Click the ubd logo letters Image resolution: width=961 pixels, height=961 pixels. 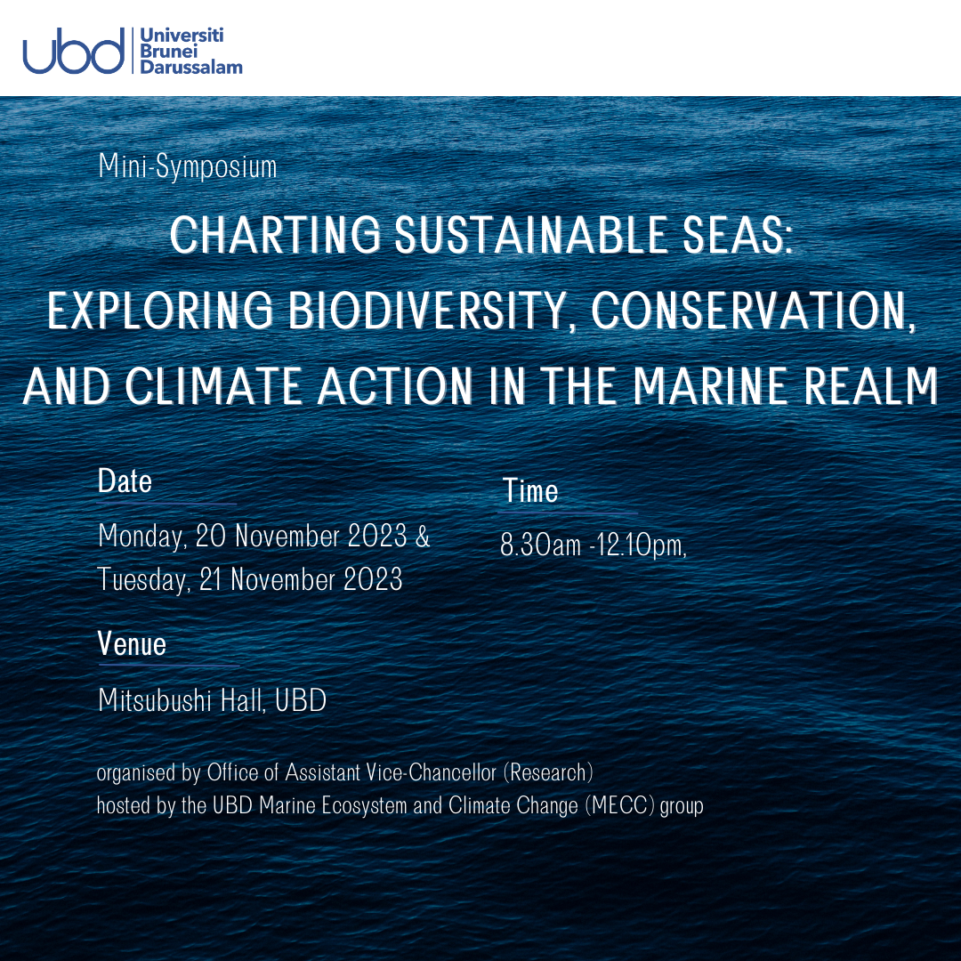tap(74, 51)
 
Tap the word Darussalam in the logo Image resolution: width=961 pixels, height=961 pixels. tap(191, 67)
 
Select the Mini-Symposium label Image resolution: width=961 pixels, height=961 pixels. tap(188, 166)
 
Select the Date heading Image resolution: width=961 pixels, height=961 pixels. tap(125, 481)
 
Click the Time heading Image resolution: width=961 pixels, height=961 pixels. tap(530, 491)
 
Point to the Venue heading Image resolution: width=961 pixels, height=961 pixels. tap(132, 643)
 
